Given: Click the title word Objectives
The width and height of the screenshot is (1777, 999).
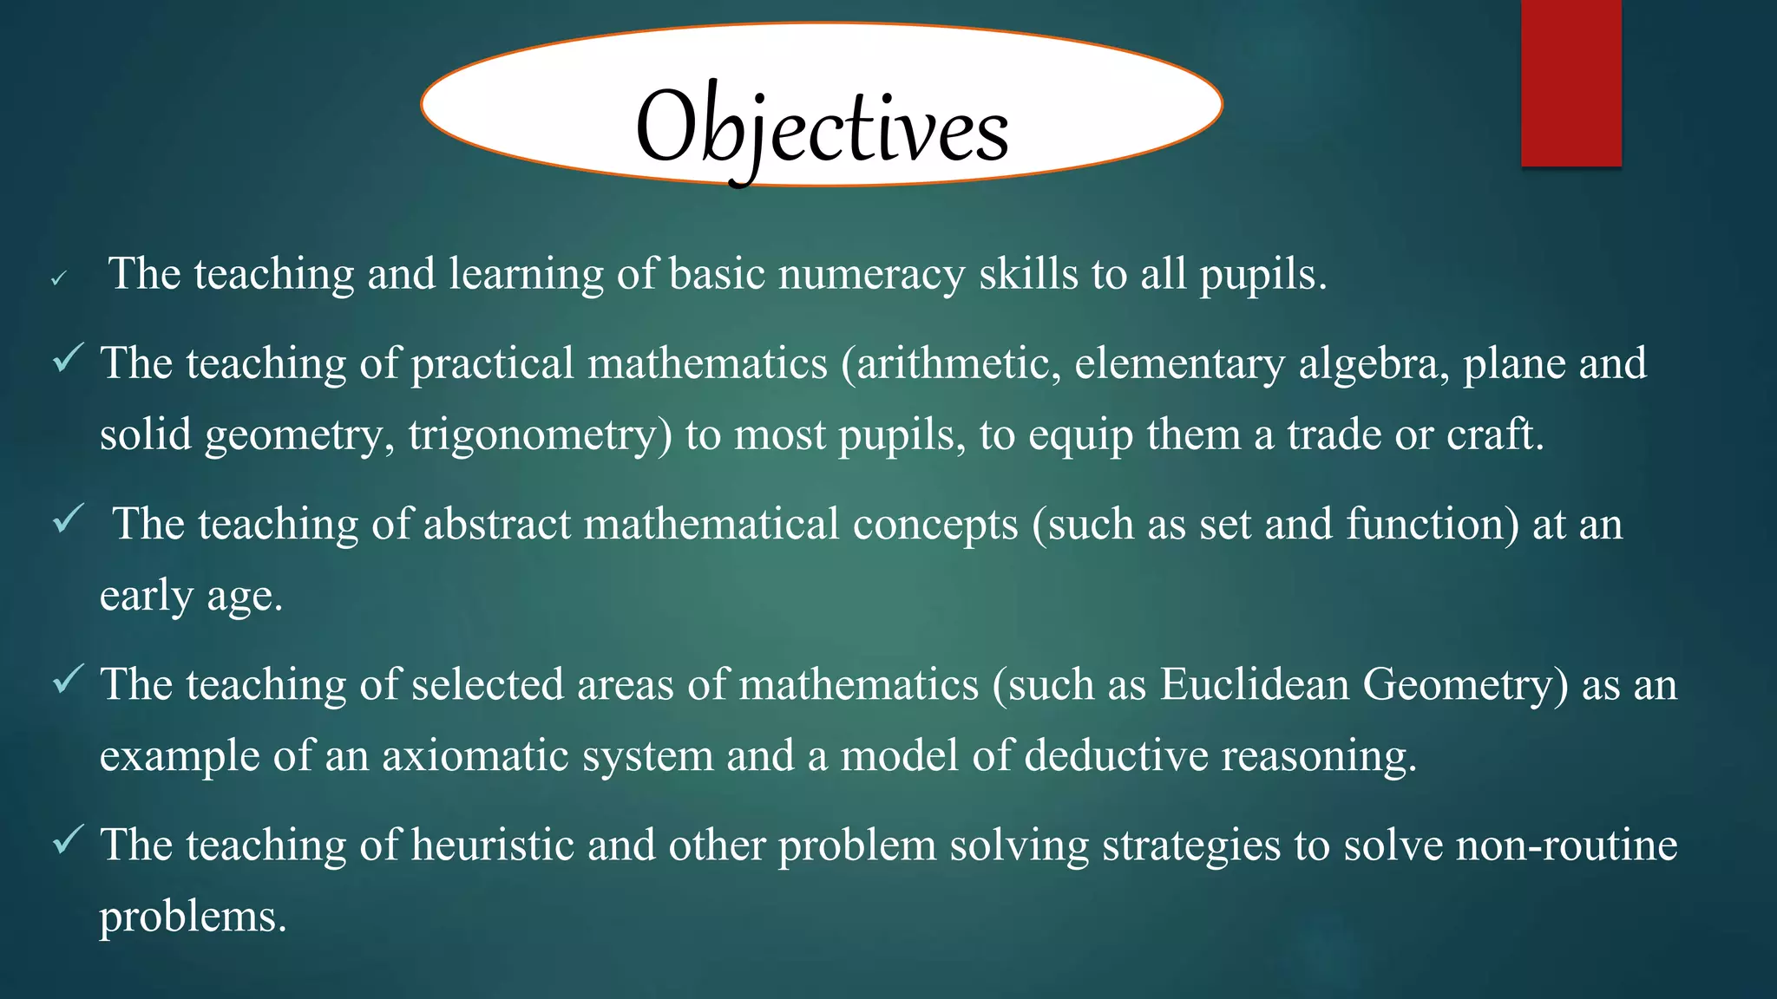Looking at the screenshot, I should point(822,128).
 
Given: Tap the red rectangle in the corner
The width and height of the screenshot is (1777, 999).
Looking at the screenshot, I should point(1570,83).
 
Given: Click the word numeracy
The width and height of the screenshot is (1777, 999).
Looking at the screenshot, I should point(871,275).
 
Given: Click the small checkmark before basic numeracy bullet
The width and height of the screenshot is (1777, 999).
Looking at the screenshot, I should point(58,279).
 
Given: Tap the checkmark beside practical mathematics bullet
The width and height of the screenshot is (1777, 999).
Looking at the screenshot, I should point(68,357).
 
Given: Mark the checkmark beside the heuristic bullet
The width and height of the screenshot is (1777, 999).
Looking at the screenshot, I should point(68,839).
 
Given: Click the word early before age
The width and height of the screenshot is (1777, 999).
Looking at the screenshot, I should point(146,597).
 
